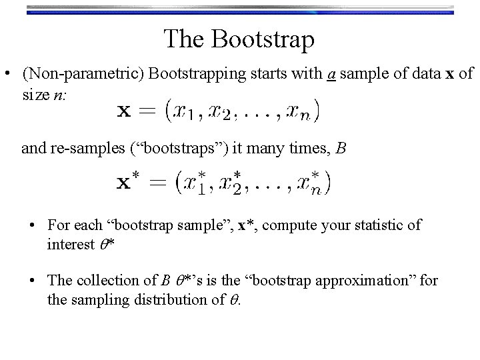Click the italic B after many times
tap(341, 148)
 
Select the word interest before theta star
tap(70, 245)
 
